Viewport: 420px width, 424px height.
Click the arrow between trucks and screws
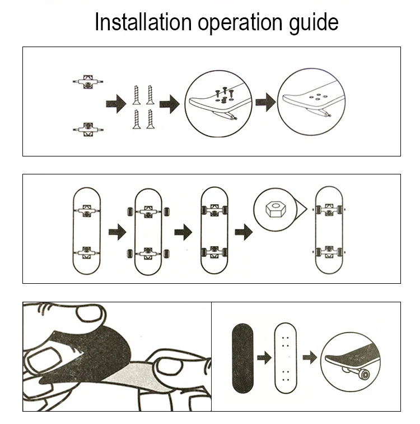point(116,104)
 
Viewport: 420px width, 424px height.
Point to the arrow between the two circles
point(265,103)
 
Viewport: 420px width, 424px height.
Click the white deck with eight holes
point(286,357)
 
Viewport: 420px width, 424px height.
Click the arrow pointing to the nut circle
point(242,231)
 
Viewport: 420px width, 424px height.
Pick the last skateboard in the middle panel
point(329,231)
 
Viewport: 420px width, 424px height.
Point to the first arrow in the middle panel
point(117,231)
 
